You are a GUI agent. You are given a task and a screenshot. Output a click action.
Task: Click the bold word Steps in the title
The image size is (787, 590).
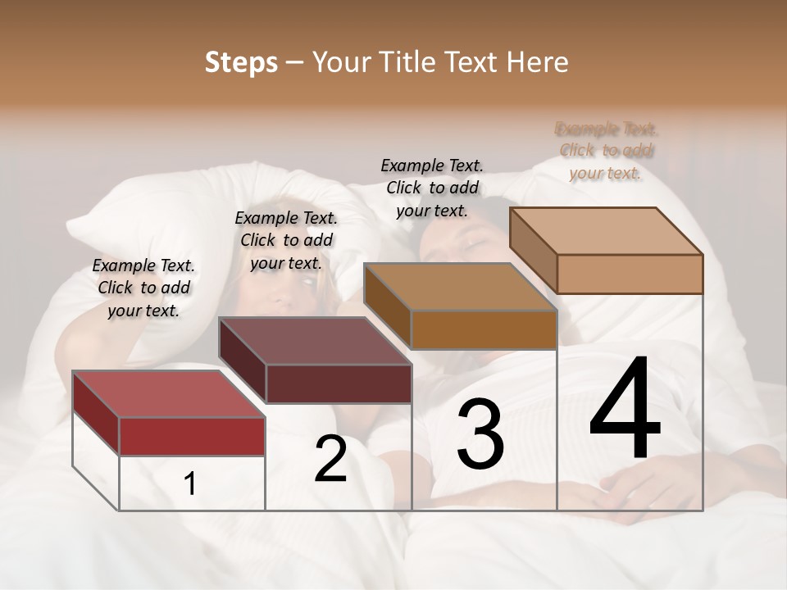coord(241,62)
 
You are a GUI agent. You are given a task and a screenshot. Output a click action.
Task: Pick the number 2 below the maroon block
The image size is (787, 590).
coord(330,459)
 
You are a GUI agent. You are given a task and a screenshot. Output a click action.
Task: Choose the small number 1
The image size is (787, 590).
coord(190,484)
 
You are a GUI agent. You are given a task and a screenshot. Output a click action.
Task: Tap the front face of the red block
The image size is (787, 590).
coord(192,436)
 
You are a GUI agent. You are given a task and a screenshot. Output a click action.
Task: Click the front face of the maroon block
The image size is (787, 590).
coord(339,383)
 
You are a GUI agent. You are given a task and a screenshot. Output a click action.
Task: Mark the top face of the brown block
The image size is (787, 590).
coord(460,287)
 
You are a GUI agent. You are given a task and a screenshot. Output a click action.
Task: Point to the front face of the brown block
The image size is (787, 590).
coord(484,329)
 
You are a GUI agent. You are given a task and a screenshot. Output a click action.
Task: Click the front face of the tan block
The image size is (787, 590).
coord(630,274)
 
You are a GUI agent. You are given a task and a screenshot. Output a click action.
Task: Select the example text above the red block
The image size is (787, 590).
coord(143,288)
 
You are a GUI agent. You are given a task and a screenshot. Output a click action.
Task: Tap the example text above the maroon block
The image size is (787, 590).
coord(286,240)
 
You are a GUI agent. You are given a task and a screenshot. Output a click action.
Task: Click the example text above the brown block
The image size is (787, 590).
coord(432,188)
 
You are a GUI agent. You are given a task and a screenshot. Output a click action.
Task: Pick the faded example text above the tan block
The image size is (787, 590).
coord(606,151)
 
